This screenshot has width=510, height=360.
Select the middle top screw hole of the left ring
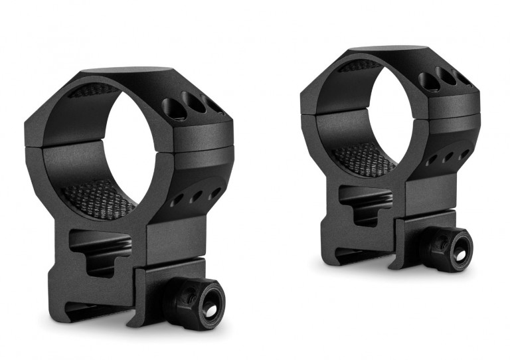point(193,106)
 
